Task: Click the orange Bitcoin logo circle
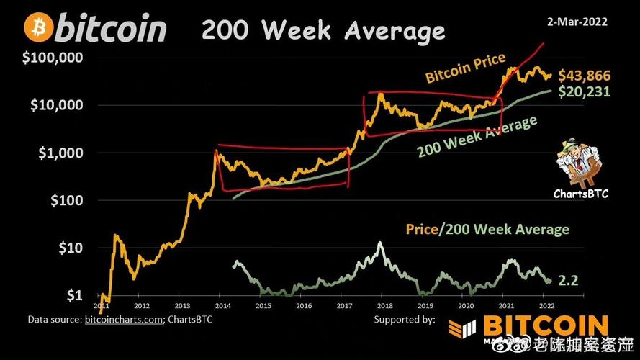(x=37, y=28)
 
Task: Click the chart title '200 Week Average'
(x=323, y=30)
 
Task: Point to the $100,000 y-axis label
(x=55, y=58)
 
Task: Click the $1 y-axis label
(x=75, y=295)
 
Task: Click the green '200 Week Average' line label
(x=477, y=136)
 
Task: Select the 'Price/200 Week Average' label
(x=487, y=229)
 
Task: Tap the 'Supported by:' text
(x=405, y=318)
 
